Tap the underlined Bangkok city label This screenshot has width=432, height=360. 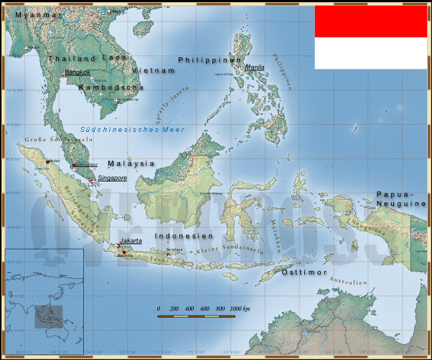tap(78, 72)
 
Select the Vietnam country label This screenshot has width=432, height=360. tap(154, 71)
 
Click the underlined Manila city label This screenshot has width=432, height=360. tap(255, 67)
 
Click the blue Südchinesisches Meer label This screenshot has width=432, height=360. tap(143, 129)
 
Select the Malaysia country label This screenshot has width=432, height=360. tap(131, 163)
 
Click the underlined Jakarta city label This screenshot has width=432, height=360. tap(130, 241)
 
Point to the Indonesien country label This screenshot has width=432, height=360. tap(184, 236)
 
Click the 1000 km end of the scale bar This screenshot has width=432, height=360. tap(240, 308)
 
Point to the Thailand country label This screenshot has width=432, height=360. tap(71, 59)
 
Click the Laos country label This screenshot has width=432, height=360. tap(115, 59)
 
